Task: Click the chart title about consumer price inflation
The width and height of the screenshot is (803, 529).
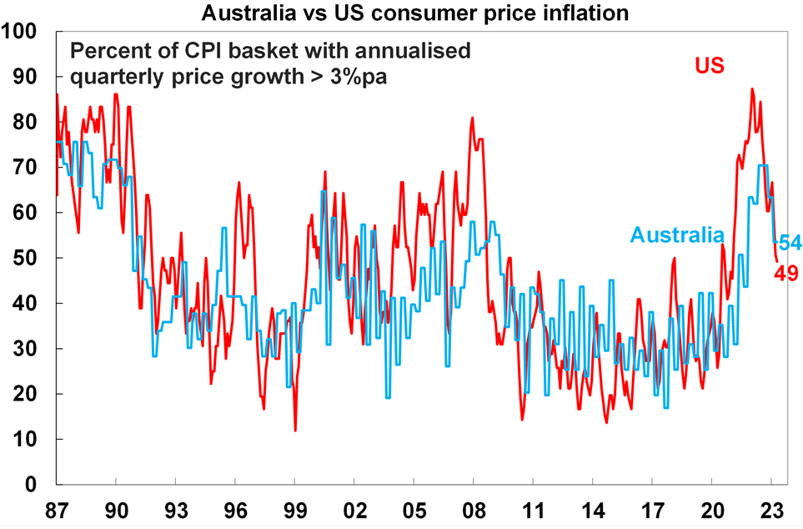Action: (401, 13)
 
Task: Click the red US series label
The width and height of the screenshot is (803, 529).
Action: (710, 66)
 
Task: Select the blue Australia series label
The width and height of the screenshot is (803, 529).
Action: (677, 235)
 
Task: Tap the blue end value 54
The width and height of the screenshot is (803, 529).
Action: (790, 243)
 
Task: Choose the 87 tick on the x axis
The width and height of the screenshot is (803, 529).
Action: (57, 507)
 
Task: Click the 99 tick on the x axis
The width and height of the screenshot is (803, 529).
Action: (295, 507)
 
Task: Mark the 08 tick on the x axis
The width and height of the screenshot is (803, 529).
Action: (474, 507)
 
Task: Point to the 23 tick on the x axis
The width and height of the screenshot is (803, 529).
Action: (771, 507)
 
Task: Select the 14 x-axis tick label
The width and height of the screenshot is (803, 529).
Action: (593, 507)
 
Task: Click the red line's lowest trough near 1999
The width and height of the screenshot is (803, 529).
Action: (295, 431)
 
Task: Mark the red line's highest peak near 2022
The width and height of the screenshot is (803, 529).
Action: (752, 88)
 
